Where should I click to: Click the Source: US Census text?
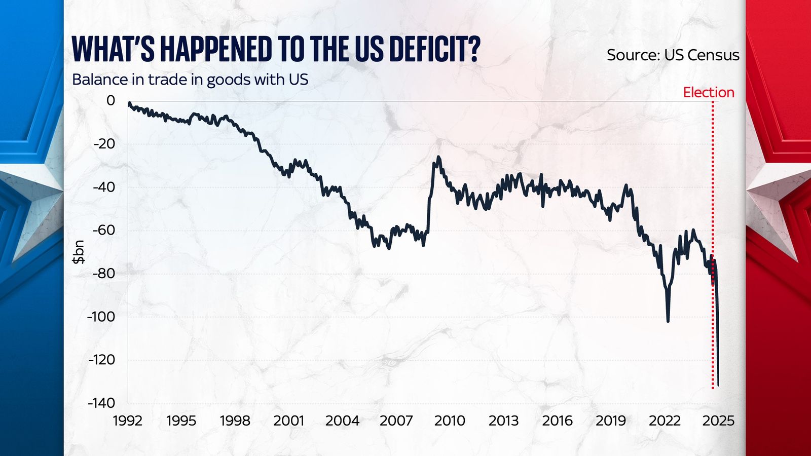[673, 55]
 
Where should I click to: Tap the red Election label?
[708, 92]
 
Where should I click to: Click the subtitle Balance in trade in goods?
[190, 80]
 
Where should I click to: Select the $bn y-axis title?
[79, 252]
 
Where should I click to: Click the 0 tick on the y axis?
[110, 100]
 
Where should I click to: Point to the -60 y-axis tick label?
[104, 230]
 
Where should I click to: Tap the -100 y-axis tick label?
[101, 317]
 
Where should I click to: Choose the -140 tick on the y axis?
[101, 403]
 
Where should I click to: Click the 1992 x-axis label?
[128, 421]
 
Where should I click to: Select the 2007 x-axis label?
[396, 421]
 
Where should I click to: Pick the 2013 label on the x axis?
[503, 421]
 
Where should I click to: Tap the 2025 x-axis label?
[718, 421]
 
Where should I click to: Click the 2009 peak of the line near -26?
[438, 158]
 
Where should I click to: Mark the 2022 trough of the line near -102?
[668, 321]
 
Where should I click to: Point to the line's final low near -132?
[718, 385]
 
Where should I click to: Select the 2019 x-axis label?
[611, 421]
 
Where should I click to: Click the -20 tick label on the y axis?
[104, 144]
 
